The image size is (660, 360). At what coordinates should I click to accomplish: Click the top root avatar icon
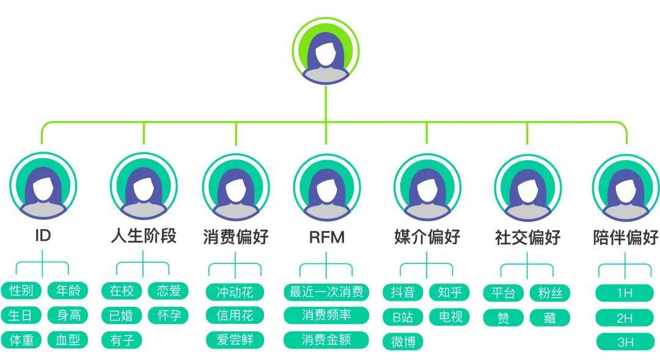[x=326, y=53]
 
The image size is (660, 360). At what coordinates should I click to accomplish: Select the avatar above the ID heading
[x=43, y=186]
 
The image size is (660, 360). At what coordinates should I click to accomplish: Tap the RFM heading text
[x=326, y=237]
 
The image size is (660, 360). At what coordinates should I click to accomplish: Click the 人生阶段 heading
[x=144, y=236]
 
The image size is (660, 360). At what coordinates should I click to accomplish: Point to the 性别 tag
[x=21, y=291]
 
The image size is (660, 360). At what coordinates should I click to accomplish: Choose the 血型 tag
[x=68, y=340]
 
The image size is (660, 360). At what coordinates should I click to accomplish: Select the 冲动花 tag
[x=235, y=292]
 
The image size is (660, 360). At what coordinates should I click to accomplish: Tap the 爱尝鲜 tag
[x=235, y=340]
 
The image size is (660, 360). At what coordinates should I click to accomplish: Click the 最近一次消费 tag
[x=326, y=292]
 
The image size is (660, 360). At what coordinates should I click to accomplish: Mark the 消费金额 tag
[x=326, y=340]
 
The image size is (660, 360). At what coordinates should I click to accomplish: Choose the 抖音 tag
[x=403, y=292]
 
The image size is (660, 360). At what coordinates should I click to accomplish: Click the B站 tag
[x=403, y=317]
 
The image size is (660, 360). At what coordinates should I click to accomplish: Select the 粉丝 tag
[x=549, y=293]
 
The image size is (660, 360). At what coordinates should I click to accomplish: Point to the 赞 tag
[x=504, y=318]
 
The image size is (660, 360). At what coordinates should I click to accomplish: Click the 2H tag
[x=625, y=318]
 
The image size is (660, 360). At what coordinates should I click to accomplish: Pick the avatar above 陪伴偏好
[x=625, y=186]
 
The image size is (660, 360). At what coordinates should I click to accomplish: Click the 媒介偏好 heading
[x=427, y=237]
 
